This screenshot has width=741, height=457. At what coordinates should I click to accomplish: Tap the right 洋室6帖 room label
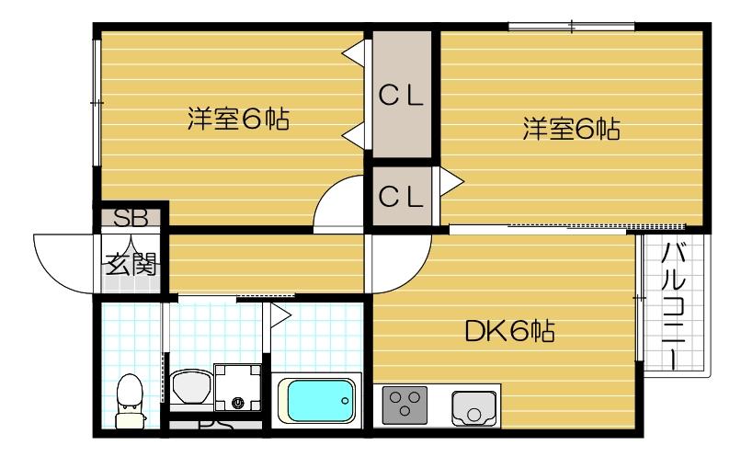pyautogui.click(x=571, y=129)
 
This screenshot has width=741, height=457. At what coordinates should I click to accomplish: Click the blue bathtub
pyautogui.click(x=318, y=399)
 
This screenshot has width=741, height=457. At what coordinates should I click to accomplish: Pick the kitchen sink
pyautogui.click(x=473, y=406)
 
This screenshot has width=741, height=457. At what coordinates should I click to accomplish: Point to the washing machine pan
pyautogui.click(x=237, y=388)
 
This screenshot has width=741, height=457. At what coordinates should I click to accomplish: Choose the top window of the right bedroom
pyautogui.click(x=571, y=26)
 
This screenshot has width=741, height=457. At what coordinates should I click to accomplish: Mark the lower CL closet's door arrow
pyautogui.click(x=450, y=183)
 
